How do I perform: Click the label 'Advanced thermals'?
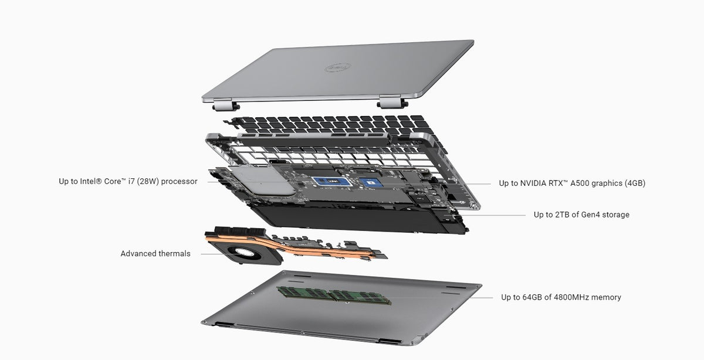[155, 254]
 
